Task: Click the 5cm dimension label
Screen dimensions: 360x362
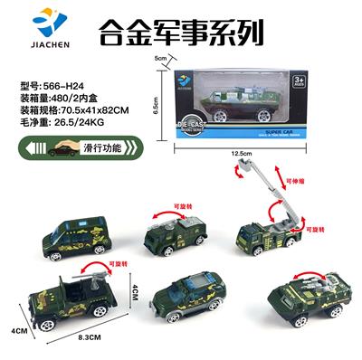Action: (161, 59)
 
